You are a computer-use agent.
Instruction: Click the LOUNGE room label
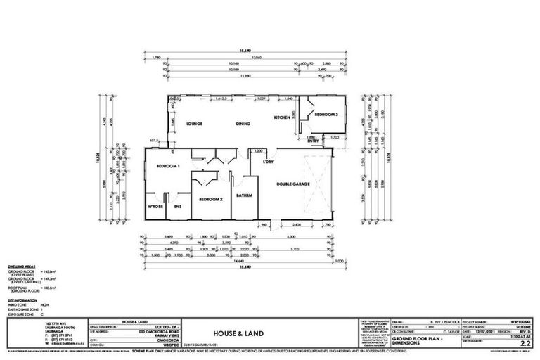(195, 124)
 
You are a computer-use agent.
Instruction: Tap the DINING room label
(243, 124)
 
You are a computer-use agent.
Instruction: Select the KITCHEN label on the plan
(282, 117)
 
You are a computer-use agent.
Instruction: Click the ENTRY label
(313, 141)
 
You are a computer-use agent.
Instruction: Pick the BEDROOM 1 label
(169, 165)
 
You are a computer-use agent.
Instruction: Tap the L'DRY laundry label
(267, 163)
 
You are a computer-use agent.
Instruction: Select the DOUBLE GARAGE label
(294, 184)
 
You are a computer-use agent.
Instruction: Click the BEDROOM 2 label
(211, 200)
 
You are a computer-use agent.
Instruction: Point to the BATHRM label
(245, 195)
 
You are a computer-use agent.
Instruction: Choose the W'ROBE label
(155, 207)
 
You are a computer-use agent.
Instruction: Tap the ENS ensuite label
(178, 207)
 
